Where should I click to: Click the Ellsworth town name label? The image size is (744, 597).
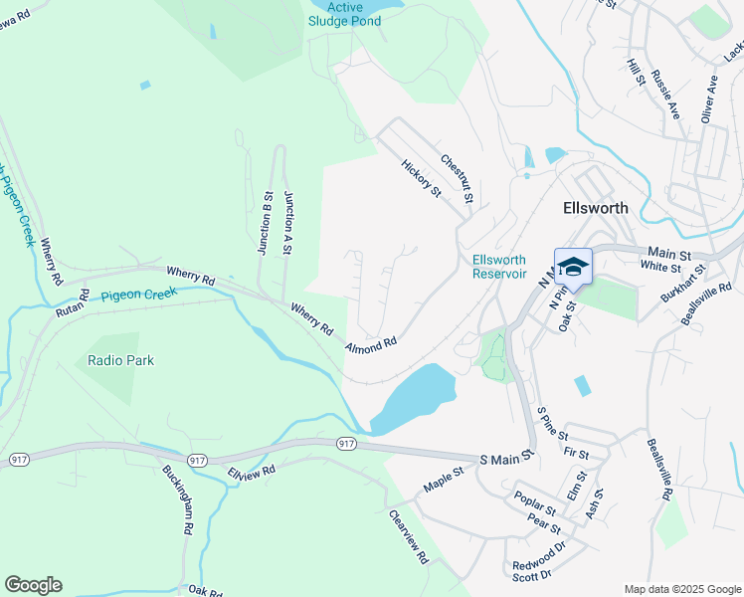coord(595,209)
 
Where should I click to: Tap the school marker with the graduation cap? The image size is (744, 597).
coord(572,267)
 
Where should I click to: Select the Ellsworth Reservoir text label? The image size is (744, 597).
coord(498,267)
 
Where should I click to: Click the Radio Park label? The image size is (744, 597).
coord(120,360)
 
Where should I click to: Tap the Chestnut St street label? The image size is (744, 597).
coord(456,175)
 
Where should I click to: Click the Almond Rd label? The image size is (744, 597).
coord(371,344)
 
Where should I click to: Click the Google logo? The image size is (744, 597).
coord(33,585)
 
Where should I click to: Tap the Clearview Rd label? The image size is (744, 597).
coord(408,537)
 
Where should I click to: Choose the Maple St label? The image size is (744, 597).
coord(444,481)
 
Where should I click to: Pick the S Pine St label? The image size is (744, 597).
coord(552,422)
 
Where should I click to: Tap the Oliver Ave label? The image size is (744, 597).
coord(708,98)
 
